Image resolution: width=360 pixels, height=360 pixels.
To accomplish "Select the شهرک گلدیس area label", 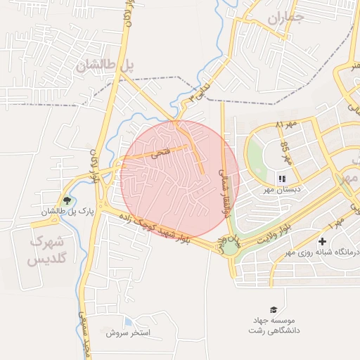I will (x=46, y=250).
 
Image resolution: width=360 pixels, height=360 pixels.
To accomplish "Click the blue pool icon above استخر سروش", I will (x=127, y=322).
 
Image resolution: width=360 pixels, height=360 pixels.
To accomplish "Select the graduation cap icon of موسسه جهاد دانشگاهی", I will (x=273, y=309).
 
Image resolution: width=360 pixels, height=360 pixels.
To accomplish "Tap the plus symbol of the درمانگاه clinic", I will (x=322, y=241).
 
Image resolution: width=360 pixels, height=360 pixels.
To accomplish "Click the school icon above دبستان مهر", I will (x=282, y=179).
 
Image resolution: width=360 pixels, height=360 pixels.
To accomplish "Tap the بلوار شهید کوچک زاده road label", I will (x=155, y=228).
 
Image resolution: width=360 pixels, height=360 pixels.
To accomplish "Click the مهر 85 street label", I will (x=286, y=151).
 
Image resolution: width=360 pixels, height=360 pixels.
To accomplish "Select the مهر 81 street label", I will (x=285, y=124).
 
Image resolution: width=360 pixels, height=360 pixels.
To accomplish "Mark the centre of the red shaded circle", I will (x=179, y=179).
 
